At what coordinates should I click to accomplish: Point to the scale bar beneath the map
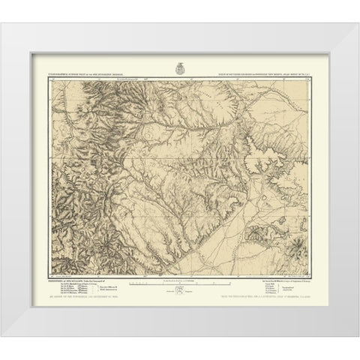pos(172,283)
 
